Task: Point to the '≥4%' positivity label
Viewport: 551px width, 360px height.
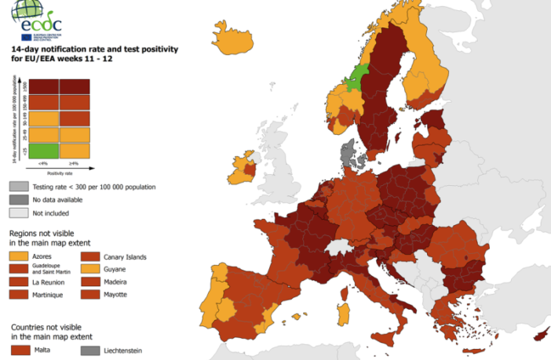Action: click(75, 162)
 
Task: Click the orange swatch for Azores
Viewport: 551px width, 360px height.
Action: click(17, 256)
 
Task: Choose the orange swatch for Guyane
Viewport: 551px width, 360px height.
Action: click(91, 269)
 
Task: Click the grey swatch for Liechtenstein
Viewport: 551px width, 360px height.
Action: click(91, 351)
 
